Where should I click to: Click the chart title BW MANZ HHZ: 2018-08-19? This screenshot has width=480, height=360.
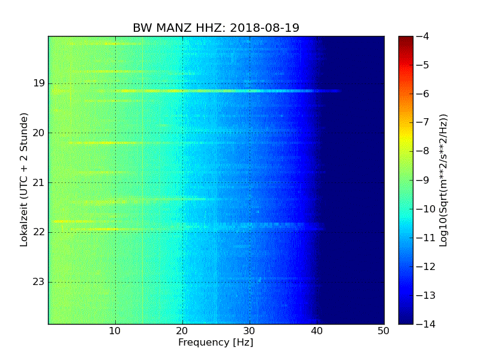216,28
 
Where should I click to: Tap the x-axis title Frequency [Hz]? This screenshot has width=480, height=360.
215,343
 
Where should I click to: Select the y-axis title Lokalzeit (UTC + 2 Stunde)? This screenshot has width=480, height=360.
25,180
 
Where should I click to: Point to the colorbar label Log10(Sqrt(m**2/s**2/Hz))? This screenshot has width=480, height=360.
443,180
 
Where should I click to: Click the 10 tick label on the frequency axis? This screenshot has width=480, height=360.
115,331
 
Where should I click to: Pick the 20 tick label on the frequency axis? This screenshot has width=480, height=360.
182,331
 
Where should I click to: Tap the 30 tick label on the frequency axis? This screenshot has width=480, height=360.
250,331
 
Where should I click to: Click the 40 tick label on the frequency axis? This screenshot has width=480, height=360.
317,331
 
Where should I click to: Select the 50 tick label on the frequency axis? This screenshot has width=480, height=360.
383,331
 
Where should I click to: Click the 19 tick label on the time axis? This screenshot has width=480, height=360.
38,83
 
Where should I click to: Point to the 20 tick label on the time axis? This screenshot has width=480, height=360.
38,133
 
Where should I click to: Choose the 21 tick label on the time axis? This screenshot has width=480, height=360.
38,182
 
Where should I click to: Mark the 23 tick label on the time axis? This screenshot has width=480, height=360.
38,281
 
